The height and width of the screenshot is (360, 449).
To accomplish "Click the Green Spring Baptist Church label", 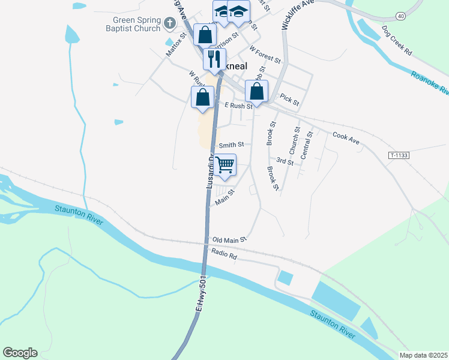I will pyautogui.click(x=137, y=22).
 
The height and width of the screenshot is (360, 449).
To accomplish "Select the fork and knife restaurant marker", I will pyautogui.click(x=214, y=59).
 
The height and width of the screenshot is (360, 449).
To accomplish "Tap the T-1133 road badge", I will pyautogui.click(x=399, y=155).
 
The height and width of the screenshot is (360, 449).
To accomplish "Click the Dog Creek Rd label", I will pyautogui.click(x=397, y=40).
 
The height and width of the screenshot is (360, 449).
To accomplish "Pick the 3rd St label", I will pyautogui.click(x=285, y=161).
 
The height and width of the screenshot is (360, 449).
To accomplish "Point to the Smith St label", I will pyautogui.click(x=231, y=145).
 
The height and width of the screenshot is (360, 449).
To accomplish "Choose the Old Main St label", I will pyautogui.click(x=230, y=239).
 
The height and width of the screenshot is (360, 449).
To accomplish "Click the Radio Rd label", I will pyautogui.click(x=225, y=257).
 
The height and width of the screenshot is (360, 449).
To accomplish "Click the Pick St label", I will pyautogui.click(x=289, y=100).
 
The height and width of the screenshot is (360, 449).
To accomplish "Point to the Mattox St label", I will pyautogui.click(x=173, y=46).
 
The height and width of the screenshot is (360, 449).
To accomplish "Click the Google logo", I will pyautogui.click(x=20, y=353).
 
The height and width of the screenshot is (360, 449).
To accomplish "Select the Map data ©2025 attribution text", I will pyautogui.click(x=423, y=355).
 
